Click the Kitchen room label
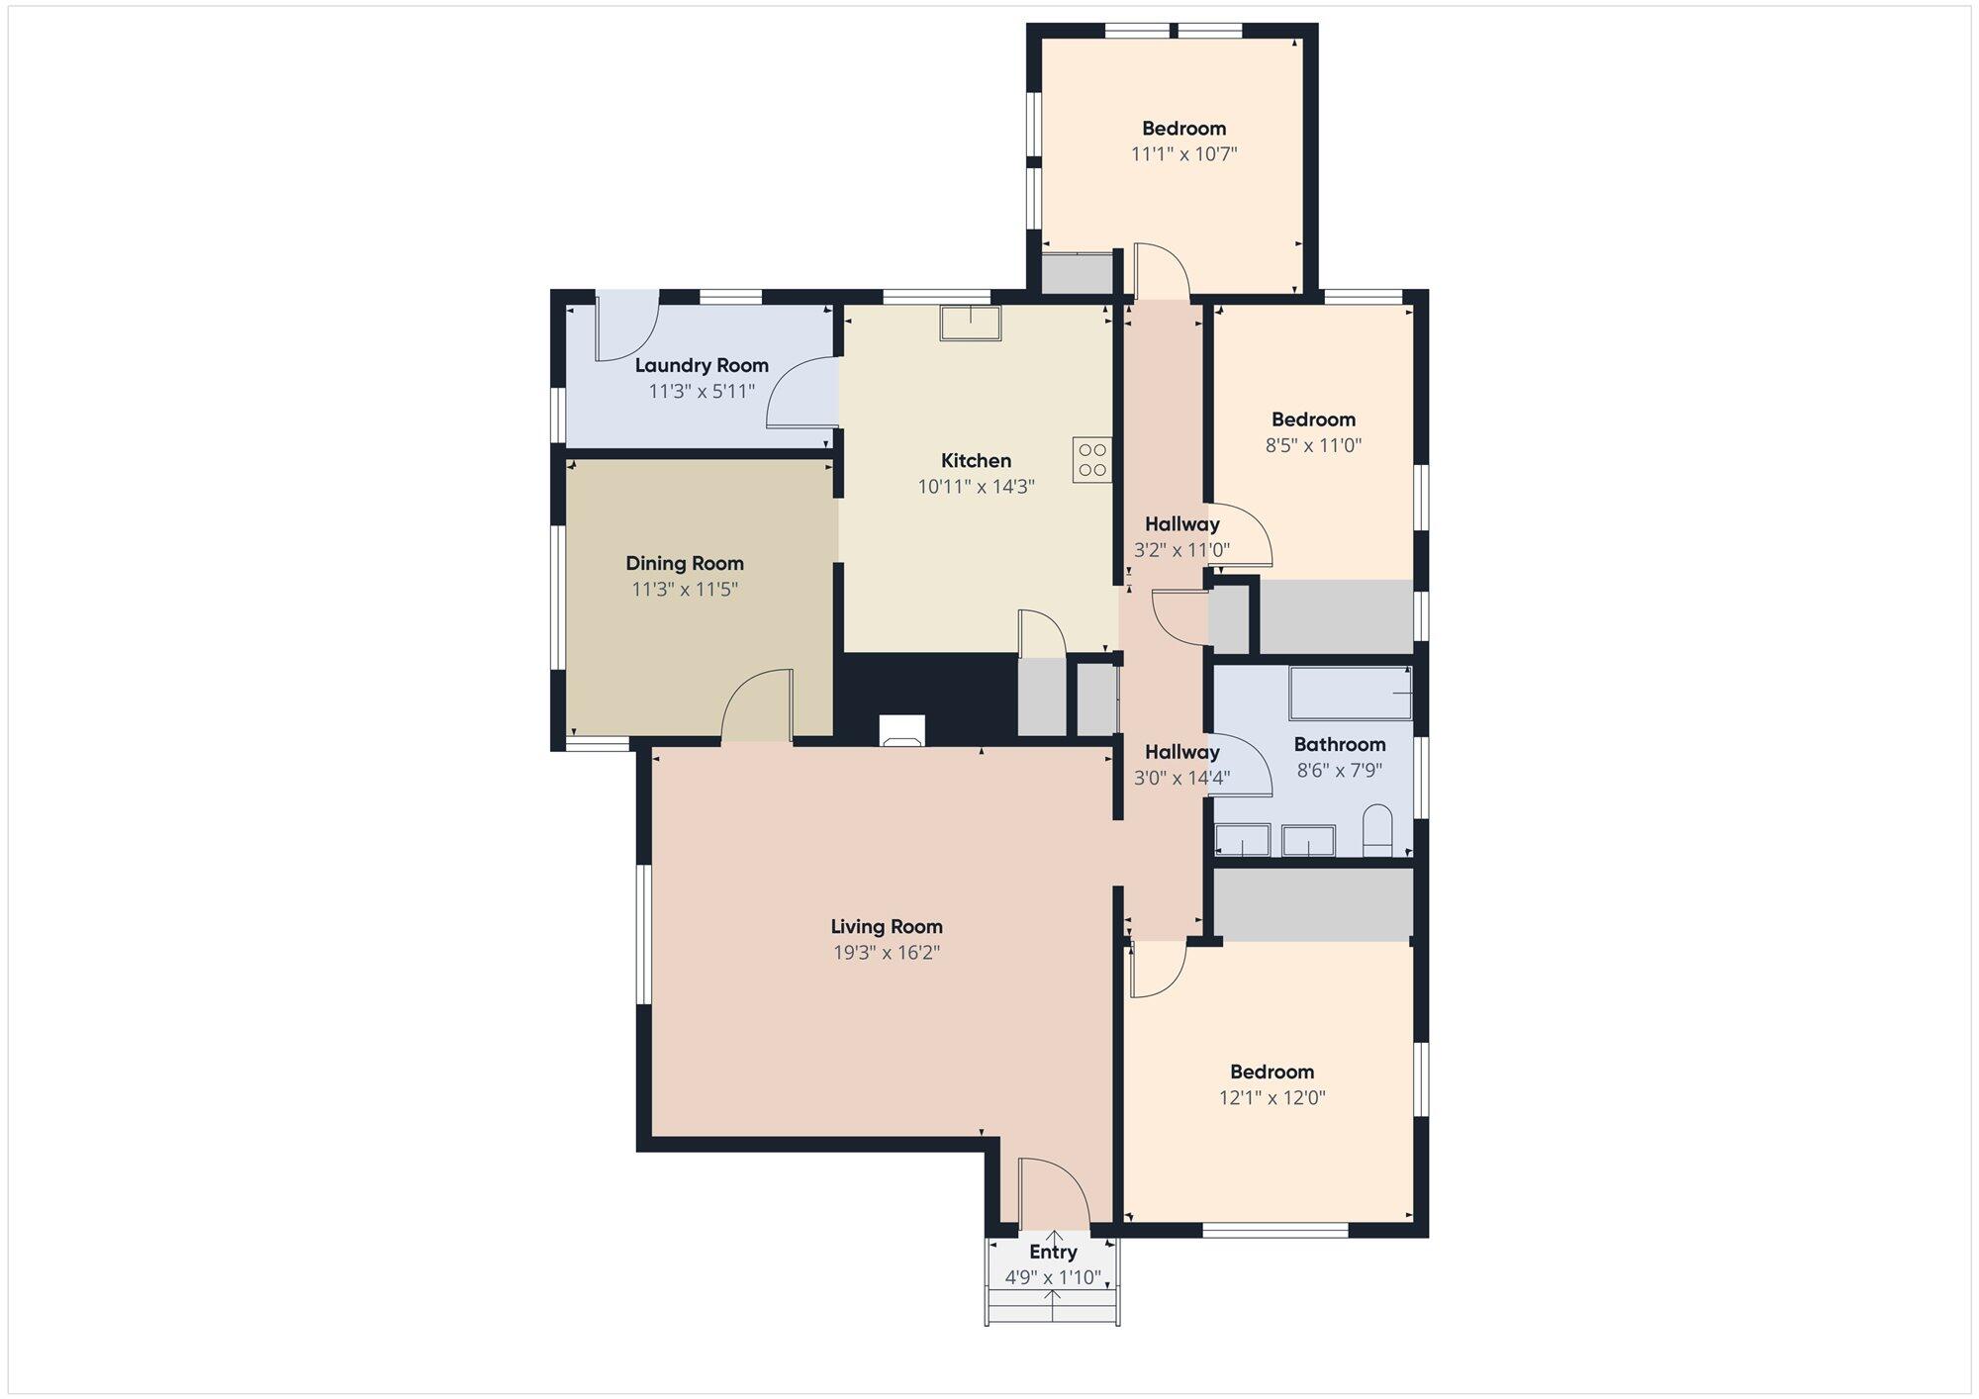coord(976,460)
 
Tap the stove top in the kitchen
coord(1091,460)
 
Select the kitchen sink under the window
coord(970,324)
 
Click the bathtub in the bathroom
coord(1351,693)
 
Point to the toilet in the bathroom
coord(1377,831)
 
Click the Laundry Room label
coord(702,365)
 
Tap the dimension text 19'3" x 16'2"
coord(887,953)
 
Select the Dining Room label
coord(685,563)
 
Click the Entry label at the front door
coord(1053,1252)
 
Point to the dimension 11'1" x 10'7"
coord(1184,154)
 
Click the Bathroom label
coord(1340,744)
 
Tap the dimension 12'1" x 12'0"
coord(1272,1097)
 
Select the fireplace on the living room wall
coord(901,730)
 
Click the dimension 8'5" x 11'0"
coord(1314,445)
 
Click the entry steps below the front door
coord(1053,1305)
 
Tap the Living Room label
coord(887,926)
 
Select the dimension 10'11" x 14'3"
coord(977,487)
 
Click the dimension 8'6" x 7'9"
coord(1340,770)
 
